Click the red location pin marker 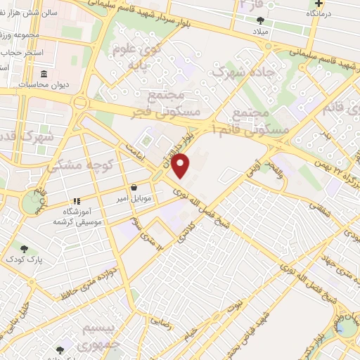pyautogui.click(x=181, y=165)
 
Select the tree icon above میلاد pyautogui.click(x=261, y=20)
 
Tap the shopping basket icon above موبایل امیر pyautogui.click(x=134, y=187)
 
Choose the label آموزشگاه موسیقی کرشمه pyautogui.click(x=77, y=216)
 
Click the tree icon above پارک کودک pyautogui.click(x=25, y=248)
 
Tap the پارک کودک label pyautogui.click(x=25, y=259)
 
